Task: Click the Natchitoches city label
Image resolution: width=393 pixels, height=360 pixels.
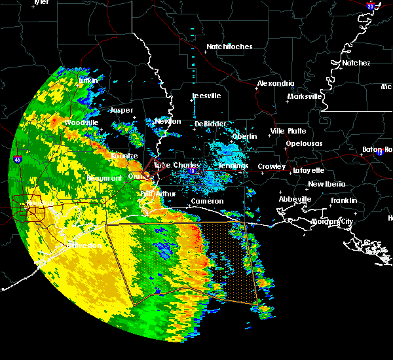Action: (x=229, y=47)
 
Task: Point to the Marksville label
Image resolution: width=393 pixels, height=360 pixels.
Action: (x=305, y=97)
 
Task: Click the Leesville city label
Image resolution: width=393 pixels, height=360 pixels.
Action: (x=206, y=96)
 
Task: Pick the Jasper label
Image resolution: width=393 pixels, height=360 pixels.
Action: (x=121, y=111)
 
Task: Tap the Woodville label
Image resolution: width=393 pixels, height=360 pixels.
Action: (x=81, y=123)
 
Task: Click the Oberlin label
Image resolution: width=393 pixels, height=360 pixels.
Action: (x=244, y=136)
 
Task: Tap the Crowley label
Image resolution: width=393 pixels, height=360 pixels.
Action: (x=271, y=167)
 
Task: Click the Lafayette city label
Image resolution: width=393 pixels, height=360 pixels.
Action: (x=309, y=170)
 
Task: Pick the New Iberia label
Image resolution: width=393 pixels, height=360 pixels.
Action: (x=326, y=184)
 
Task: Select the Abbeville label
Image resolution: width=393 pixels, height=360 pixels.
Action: (x=294, y=199)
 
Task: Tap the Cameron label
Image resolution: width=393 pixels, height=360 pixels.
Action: (x=207, y=202)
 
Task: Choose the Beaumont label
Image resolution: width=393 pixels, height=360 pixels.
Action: (x=104, y=178)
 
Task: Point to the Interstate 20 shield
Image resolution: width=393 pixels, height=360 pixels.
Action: (x=371, y=7)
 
